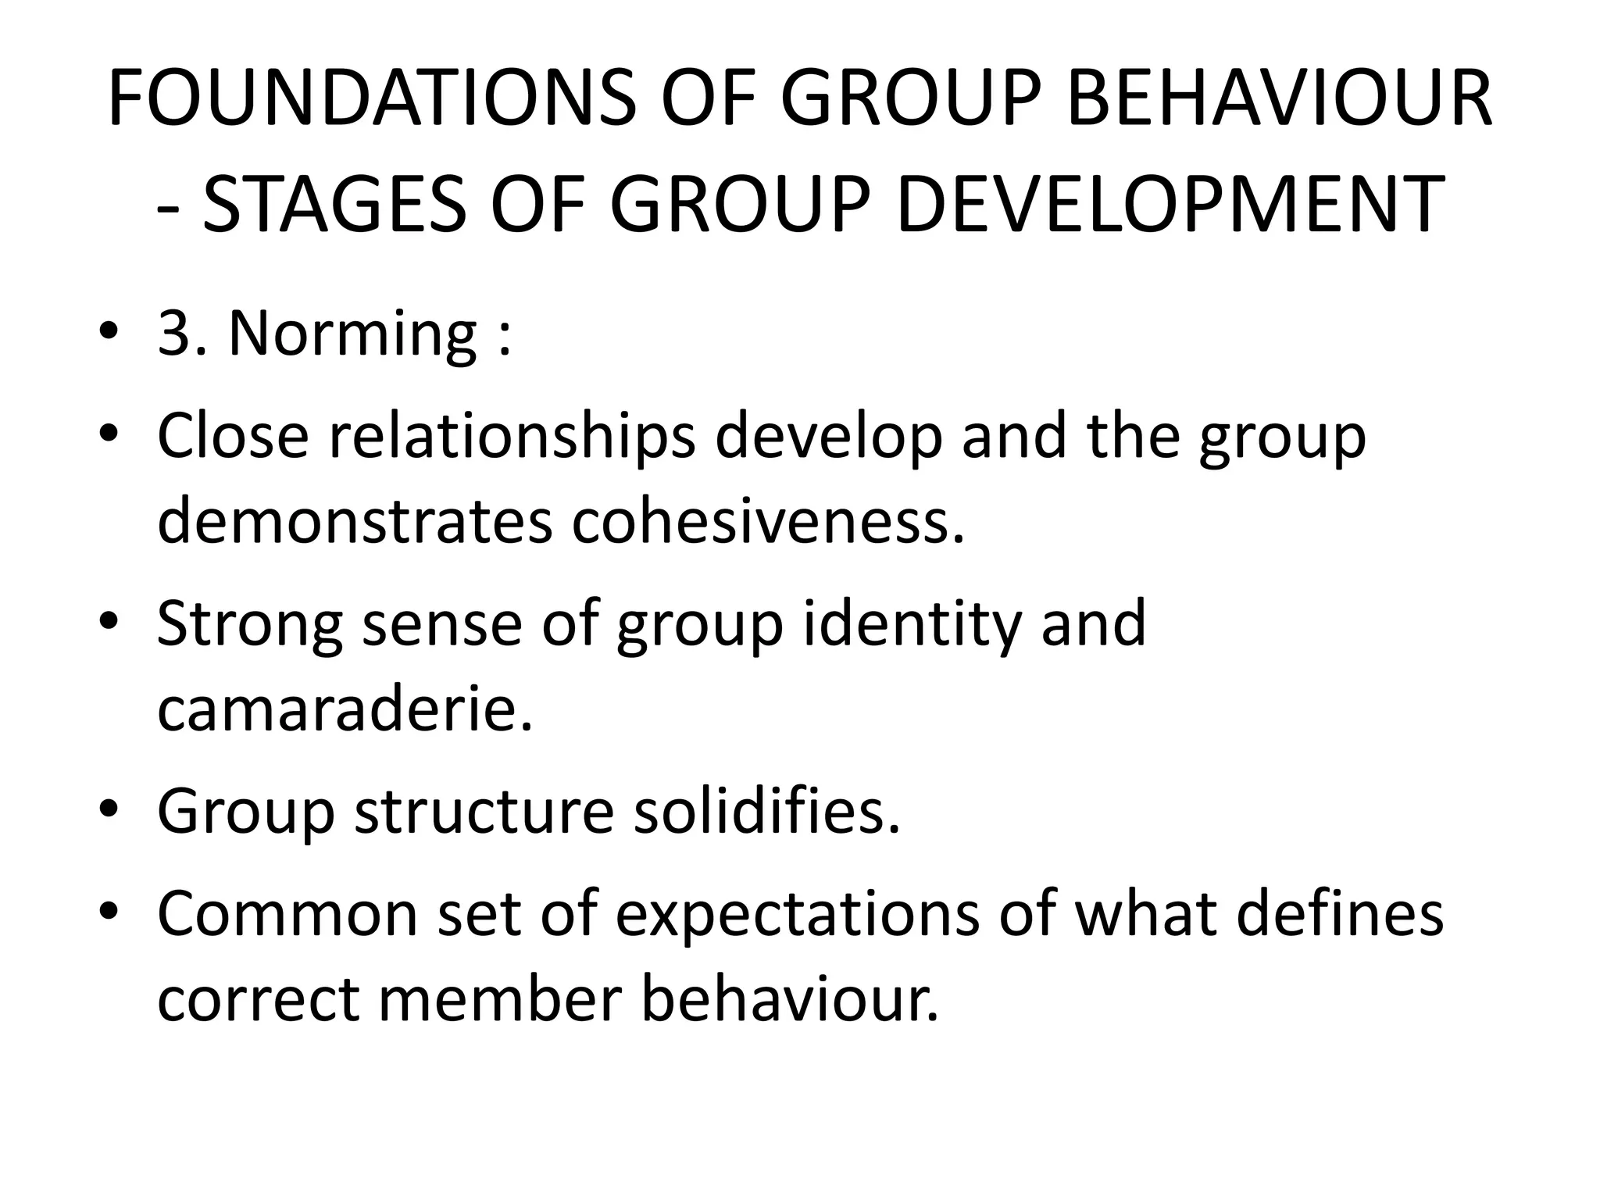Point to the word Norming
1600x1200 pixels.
tap(352, 334)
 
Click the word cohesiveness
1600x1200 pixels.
tap(769, 521)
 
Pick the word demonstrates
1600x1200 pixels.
tap(355, 521)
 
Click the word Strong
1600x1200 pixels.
tap(249, 624)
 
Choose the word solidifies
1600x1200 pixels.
tap(766, 812)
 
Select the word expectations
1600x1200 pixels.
tap(797, 915)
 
